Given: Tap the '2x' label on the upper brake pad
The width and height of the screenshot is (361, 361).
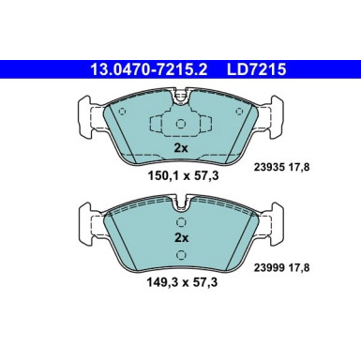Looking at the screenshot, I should tap(181, 148).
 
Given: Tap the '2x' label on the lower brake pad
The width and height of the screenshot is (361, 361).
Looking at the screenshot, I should tap(181, 238).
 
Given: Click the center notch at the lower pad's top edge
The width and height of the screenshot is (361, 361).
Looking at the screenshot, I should tap(181, 199).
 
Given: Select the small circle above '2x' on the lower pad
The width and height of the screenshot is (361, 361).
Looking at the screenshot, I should tap(181, 221).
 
